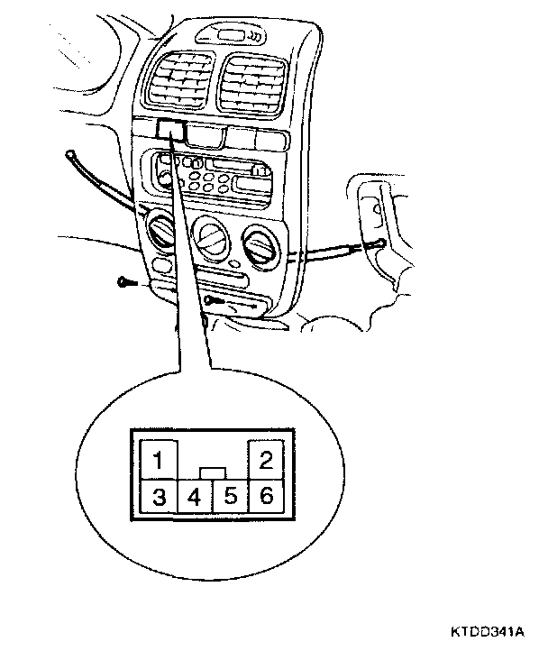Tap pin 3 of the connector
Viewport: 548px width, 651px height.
point(159,497)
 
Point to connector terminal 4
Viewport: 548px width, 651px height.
point(194,497)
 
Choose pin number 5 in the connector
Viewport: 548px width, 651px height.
point(230,497)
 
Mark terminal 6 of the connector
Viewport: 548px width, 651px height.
point(266,497)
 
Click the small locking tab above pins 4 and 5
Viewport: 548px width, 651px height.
point(212,472)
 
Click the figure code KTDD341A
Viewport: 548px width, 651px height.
point(497,634)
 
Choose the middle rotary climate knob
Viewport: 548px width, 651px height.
point(213,236)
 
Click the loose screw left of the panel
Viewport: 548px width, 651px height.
point(125,281)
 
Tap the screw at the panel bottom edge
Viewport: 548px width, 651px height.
point(213,298)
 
